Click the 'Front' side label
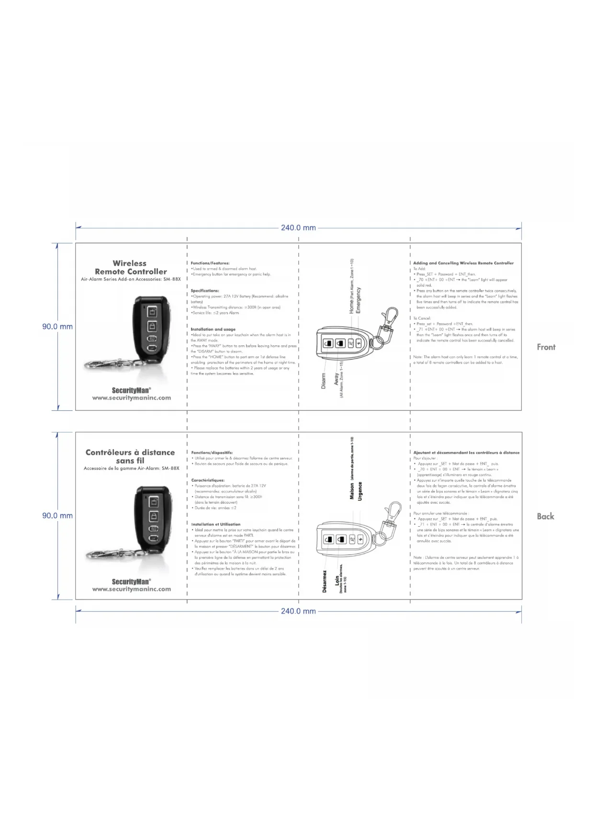[546, 347]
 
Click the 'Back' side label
[545, 516]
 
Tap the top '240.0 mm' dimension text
[298, 228]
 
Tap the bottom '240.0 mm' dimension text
[298, 611]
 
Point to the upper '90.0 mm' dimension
[57, 327]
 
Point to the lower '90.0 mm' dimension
[57, 516]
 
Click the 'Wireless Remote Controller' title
[130, 267]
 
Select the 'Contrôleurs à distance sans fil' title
[130, 456]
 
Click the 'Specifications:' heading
[205, 291]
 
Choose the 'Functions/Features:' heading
[210, 263]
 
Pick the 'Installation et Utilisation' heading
[216, 524]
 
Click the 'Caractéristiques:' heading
[208, 480]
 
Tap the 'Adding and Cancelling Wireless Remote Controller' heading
[463, 263]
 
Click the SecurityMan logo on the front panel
[131, 390]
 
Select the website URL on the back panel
[131, 589]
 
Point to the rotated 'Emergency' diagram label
[359, 301]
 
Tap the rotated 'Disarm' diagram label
[323, 381]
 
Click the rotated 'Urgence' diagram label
[360, 491]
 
